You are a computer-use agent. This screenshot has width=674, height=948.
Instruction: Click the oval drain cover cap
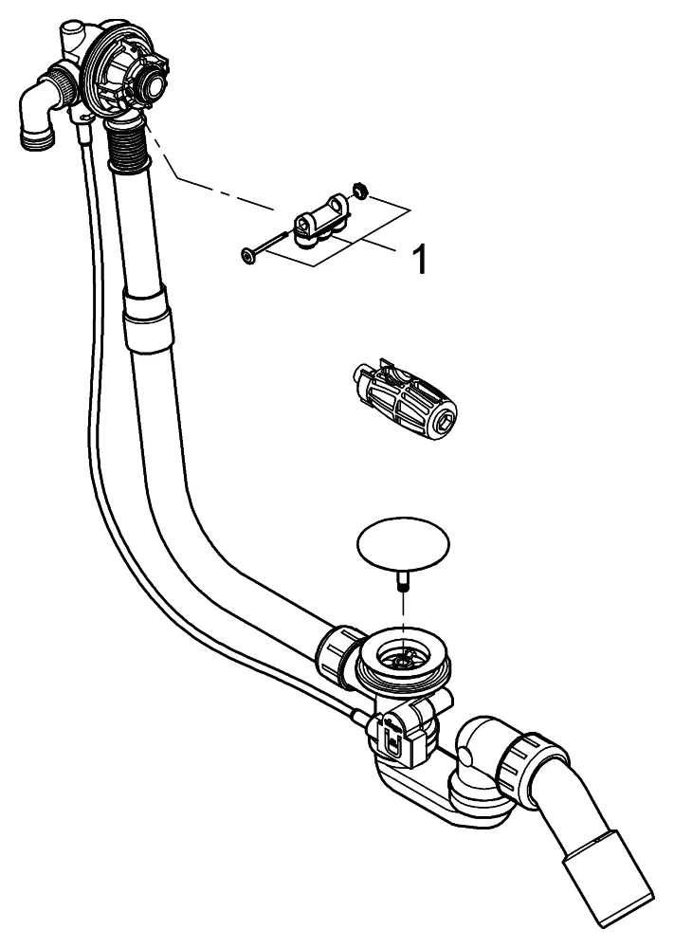pos(402,545)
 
